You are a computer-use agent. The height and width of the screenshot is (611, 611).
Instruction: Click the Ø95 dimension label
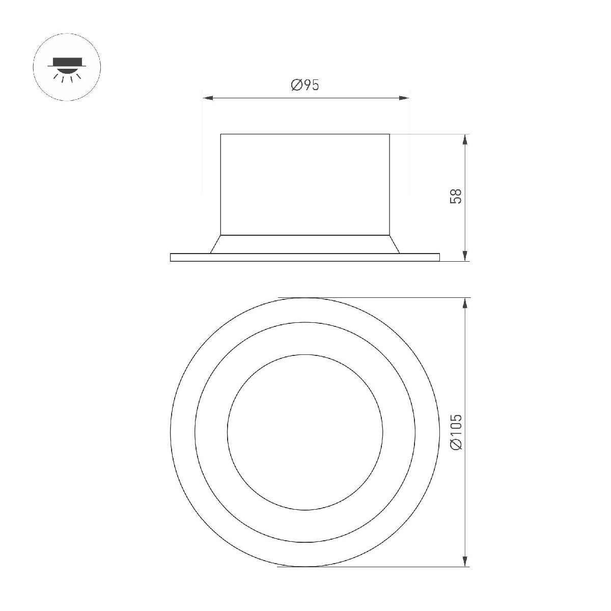(305, 85)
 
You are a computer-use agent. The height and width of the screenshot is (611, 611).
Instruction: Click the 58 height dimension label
(457, 197)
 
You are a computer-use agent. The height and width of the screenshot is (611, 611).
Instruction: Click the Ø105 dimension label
(457, 431)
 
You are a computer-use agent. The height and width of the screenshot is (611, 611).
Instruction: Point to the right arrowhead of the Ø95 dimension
(406, 98)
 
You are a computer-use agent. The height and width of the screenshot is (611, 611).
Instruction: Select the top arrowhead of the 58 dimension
(464, 138)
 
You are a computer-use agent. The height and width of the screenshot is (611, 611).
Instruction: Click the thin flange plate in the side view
(304, 257)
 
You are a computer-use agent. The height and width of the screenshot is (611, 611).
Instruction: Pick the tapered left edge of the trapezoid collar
(215, 244)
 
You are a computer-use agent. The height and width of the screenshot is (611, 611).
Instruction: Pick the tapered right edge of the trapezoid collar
(395, 244)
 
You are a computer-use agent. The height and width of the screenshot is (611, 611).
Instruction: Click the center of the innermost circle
(304, 431)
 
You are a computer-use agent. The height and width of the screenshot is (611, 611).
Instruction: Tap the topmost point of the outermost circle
(304, 297)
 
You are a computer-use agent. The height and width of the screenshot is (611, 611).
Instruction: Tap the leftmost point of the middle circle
(195, 431)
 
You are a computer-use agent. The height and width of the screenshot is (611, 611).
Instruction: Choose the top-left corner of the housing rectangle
(220, 134)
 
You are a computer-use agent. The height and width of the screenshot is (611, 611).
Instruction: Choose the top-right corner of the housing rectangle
(390, 134)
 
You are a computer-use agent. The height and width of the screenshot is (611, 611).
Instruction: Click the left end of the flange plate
(171, 257)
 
